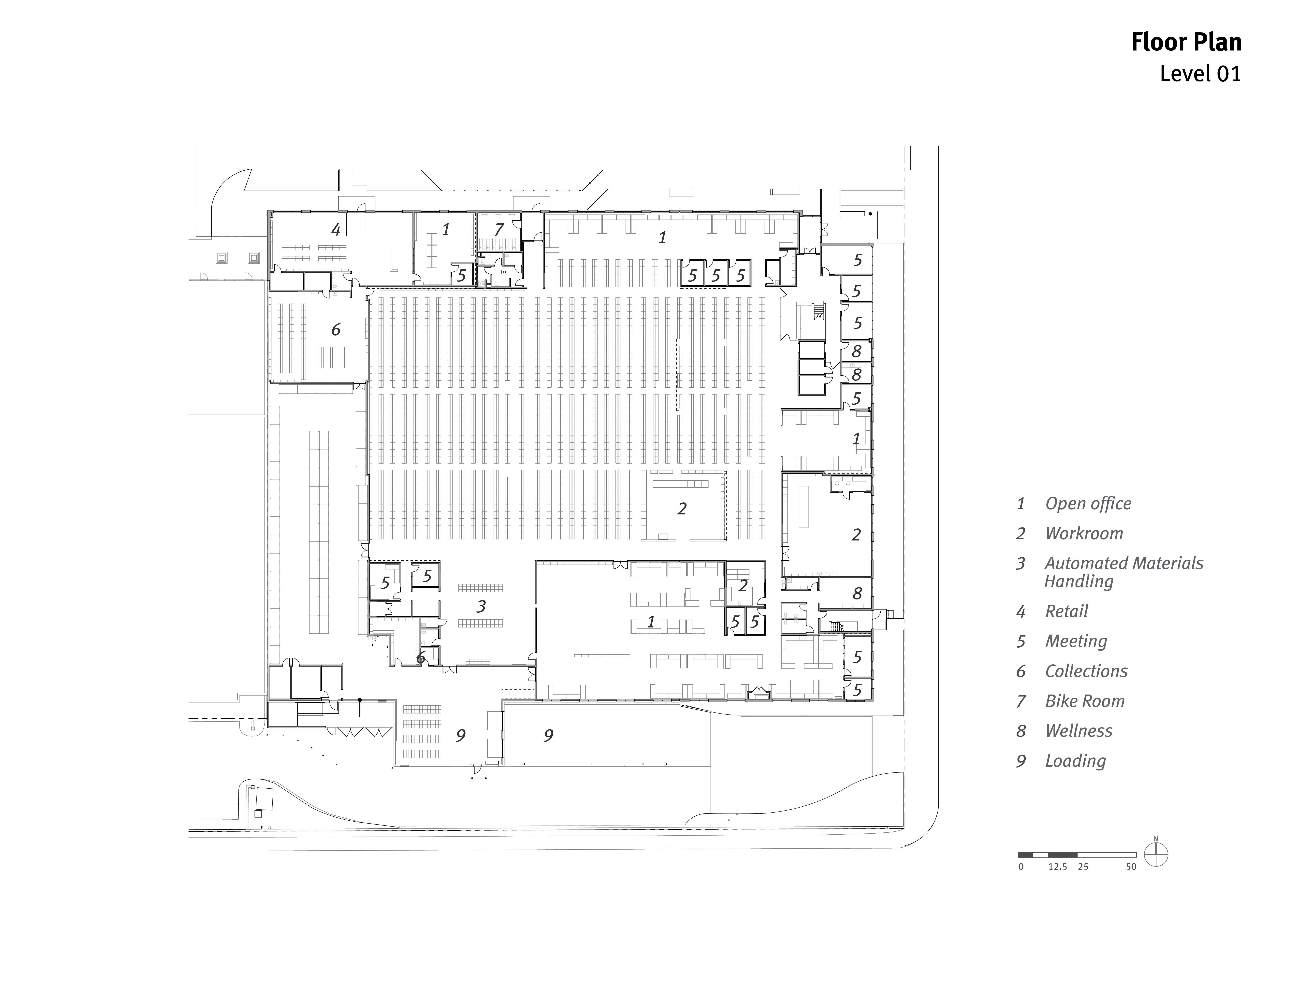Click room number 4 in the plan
pos(336,229)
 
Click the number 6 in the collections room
pos(336,330)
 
